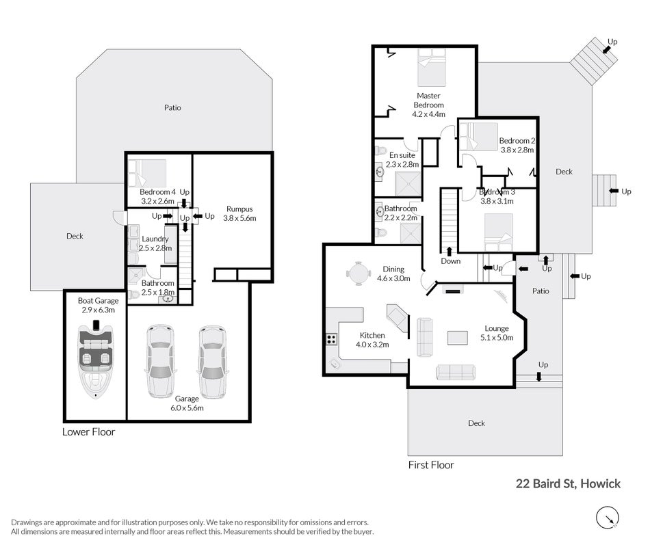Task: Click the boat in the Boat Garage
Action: point(96,360)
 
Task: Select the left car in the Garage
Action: point(160,361)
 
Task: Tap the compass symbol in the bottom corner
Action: point(608,518)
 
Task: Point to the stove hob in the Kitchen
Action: point(331,339)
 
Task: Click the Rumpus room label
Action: point(239,209)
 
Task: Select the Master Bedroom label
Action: point(428,101)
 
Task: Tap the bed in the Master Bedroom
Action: point(432,67)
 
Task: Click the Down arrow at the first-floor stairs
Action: point(449,252)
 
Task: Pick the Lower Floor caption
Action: point(89,432)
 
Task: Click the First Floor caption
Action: point(431,465)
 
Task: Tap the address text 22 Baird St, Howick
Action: point(568,483)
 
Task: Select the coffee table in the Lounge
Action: point(458,338)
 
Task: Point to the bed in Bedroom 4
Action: point(147,173)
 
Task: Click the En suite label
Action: point(402,155)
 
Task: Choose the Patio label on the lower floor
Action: point(172,108)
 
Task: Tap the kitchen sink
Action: point(335,364)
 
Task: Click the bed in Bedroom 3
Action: point(499,232)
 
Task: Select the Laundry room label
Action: point(155,239)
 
